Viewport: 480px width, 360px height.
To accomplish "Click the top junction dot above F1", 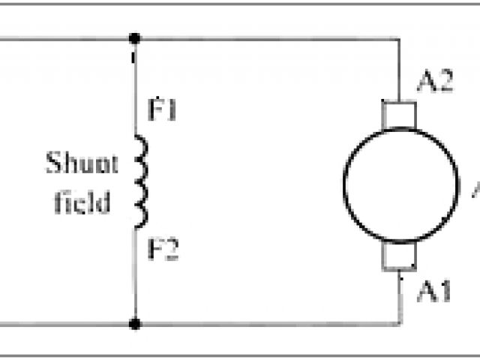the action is click(134, 37).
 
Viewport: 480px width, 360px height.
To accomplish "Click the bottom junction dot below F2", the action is click(134, 324).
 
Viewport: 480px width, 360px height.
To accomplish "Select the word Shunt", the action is click(82, 163).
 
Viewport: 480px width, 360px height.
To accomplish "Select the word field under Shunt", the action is click(82, 202).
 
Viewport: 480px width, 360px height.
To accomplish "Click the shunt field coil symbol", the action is click(140, 181).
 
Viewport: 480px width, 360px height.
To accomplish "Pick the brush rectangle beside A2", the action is click(398, 114).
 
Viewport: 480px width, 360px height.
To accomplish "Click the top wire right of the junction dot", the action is click(262, 37).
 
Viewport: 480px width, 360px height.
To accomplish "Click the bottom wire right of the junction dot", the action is click(262, 324).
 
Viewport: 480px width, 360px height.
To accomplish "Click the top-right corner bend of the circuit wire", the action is click(398, 37).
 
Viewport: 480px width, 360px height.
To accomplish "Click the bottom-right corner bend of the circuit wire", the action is click(398, 324).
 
